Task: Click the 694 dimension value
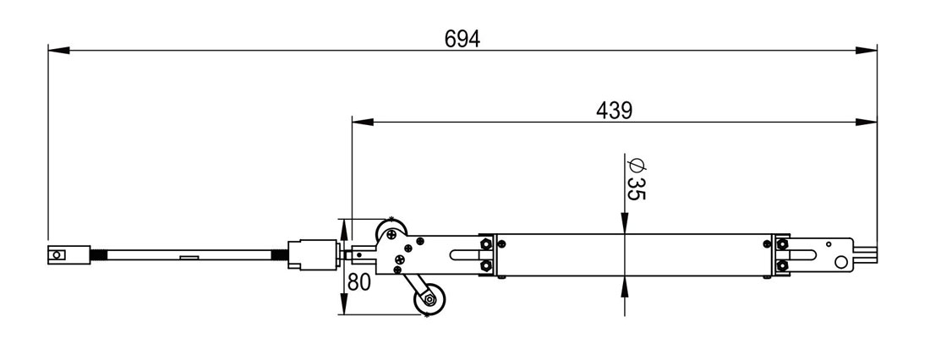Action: (x=462, y=39)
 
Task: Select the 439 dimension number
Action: (x=615, y=111)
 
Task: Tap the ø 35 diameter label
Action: (x=635, y=179)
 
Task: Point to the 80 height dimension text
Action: (x=358, y=282)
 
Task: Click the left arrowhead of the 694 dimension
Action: (x=58, y=51)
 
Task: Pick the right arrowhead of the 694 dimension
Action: (x=866, y=51)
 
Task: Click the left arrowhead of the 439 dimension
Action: (x=363, y=123)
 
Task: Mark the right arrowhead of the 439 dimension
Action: (x=866, y=123)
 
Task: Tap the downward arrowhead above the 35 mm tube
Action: (x=625, y=224)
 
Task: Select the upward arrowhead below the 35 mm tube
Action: (x=625, y=287)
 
